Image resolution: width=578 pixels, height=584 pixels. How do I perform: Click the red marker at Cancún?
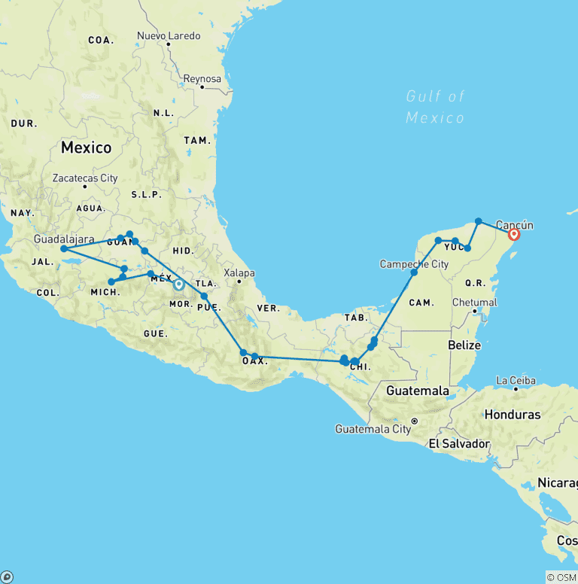coord(514,234)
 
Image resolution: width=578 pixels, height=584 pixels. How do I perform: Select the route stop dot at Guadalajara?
coord(64,248)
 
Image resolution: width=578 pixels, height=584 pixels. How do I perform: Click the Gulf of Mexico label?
coord(435,107)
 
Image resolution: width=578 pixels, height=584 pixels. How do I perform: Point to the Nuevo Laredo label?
coord(169,35)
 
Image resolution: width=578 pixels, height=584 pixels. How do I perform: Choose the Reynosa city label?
coord(202,78)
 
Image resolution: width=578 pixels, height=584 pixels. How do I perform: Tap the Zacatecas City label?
coord(85,178)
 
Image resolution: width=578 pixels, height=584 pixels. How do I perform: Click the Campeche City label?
coord(414,263)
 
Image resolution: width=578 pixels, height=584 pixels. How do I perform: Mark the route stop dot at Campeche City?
coord(414,272)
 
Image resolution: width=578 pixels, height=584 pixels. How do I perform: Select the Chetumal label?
coord(474,302)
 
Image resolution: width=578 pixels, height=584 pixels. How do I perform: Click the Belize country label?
coord(464,345)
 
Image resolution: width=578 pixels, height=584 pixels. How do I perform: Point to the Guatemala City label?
coord(373,429)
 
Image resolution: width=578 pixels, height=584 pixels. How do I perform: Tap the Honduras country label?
coord(513,415)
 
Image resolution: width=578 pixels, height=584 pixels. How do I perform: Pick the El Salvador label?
coord(459,443)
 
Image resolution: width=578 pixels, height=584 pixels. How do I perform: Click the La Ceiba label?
coord(517,380)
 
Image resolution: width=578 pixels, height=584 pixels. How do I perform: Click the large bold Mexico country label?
coord(87,148)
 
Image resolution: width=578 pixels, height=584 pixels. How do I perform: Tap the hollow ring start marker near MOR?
coord(179,284)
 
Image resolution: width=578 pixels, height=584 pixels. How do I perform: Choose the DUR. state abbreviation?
coord(23,123)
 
